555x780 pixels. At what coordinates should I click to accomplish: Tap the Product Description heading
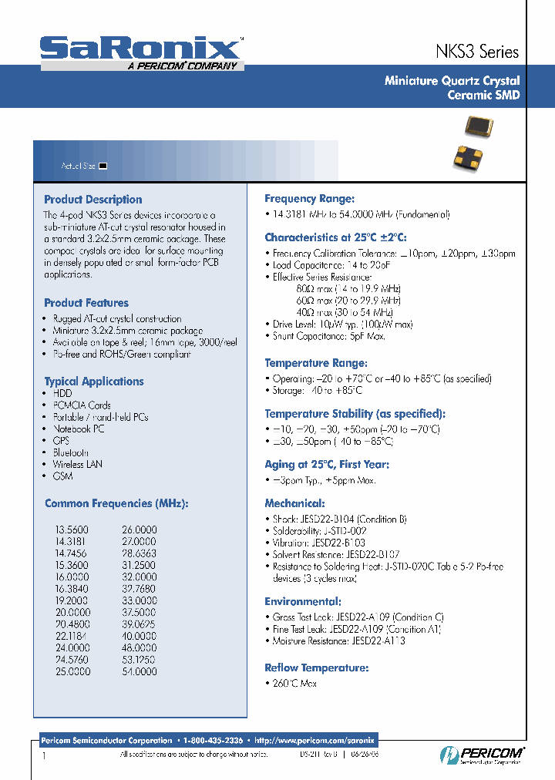tap(93, 200)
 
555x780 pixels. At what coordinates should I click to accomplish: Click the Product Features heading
tap(86, 303)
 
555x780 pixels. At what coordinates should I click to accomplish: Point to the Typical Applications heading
tap(94, 382)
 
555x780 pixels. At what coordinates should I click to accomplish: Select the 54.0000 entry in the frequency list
tap(139, 672)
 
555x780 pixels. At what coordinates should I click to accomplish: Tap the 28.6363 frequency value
tap(139, 554)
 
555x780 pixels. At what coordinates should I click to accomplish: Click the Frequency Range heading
tap(309, 199)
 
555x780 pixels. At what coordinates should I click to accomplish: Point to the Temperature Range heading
tap(315, 363)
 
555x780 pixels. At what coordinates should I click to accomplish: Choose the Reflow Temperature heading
tap(316, 668)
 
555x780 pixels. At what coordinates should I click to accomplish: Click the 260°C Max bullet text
tap(294, 684)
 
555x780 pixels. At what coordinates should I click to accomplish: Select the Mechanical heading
tap(294, 503)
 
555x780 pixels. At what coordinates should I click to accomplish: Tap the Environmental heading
tap(302, 601)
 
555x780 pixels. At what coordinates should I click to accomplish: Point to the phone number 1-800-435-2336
tap(214, 741)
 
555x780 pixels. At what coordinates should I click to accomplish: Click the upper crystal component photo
tap(478, 125)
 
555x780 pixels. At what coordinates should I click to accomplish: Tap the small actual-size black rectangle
tap(103, 166)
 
